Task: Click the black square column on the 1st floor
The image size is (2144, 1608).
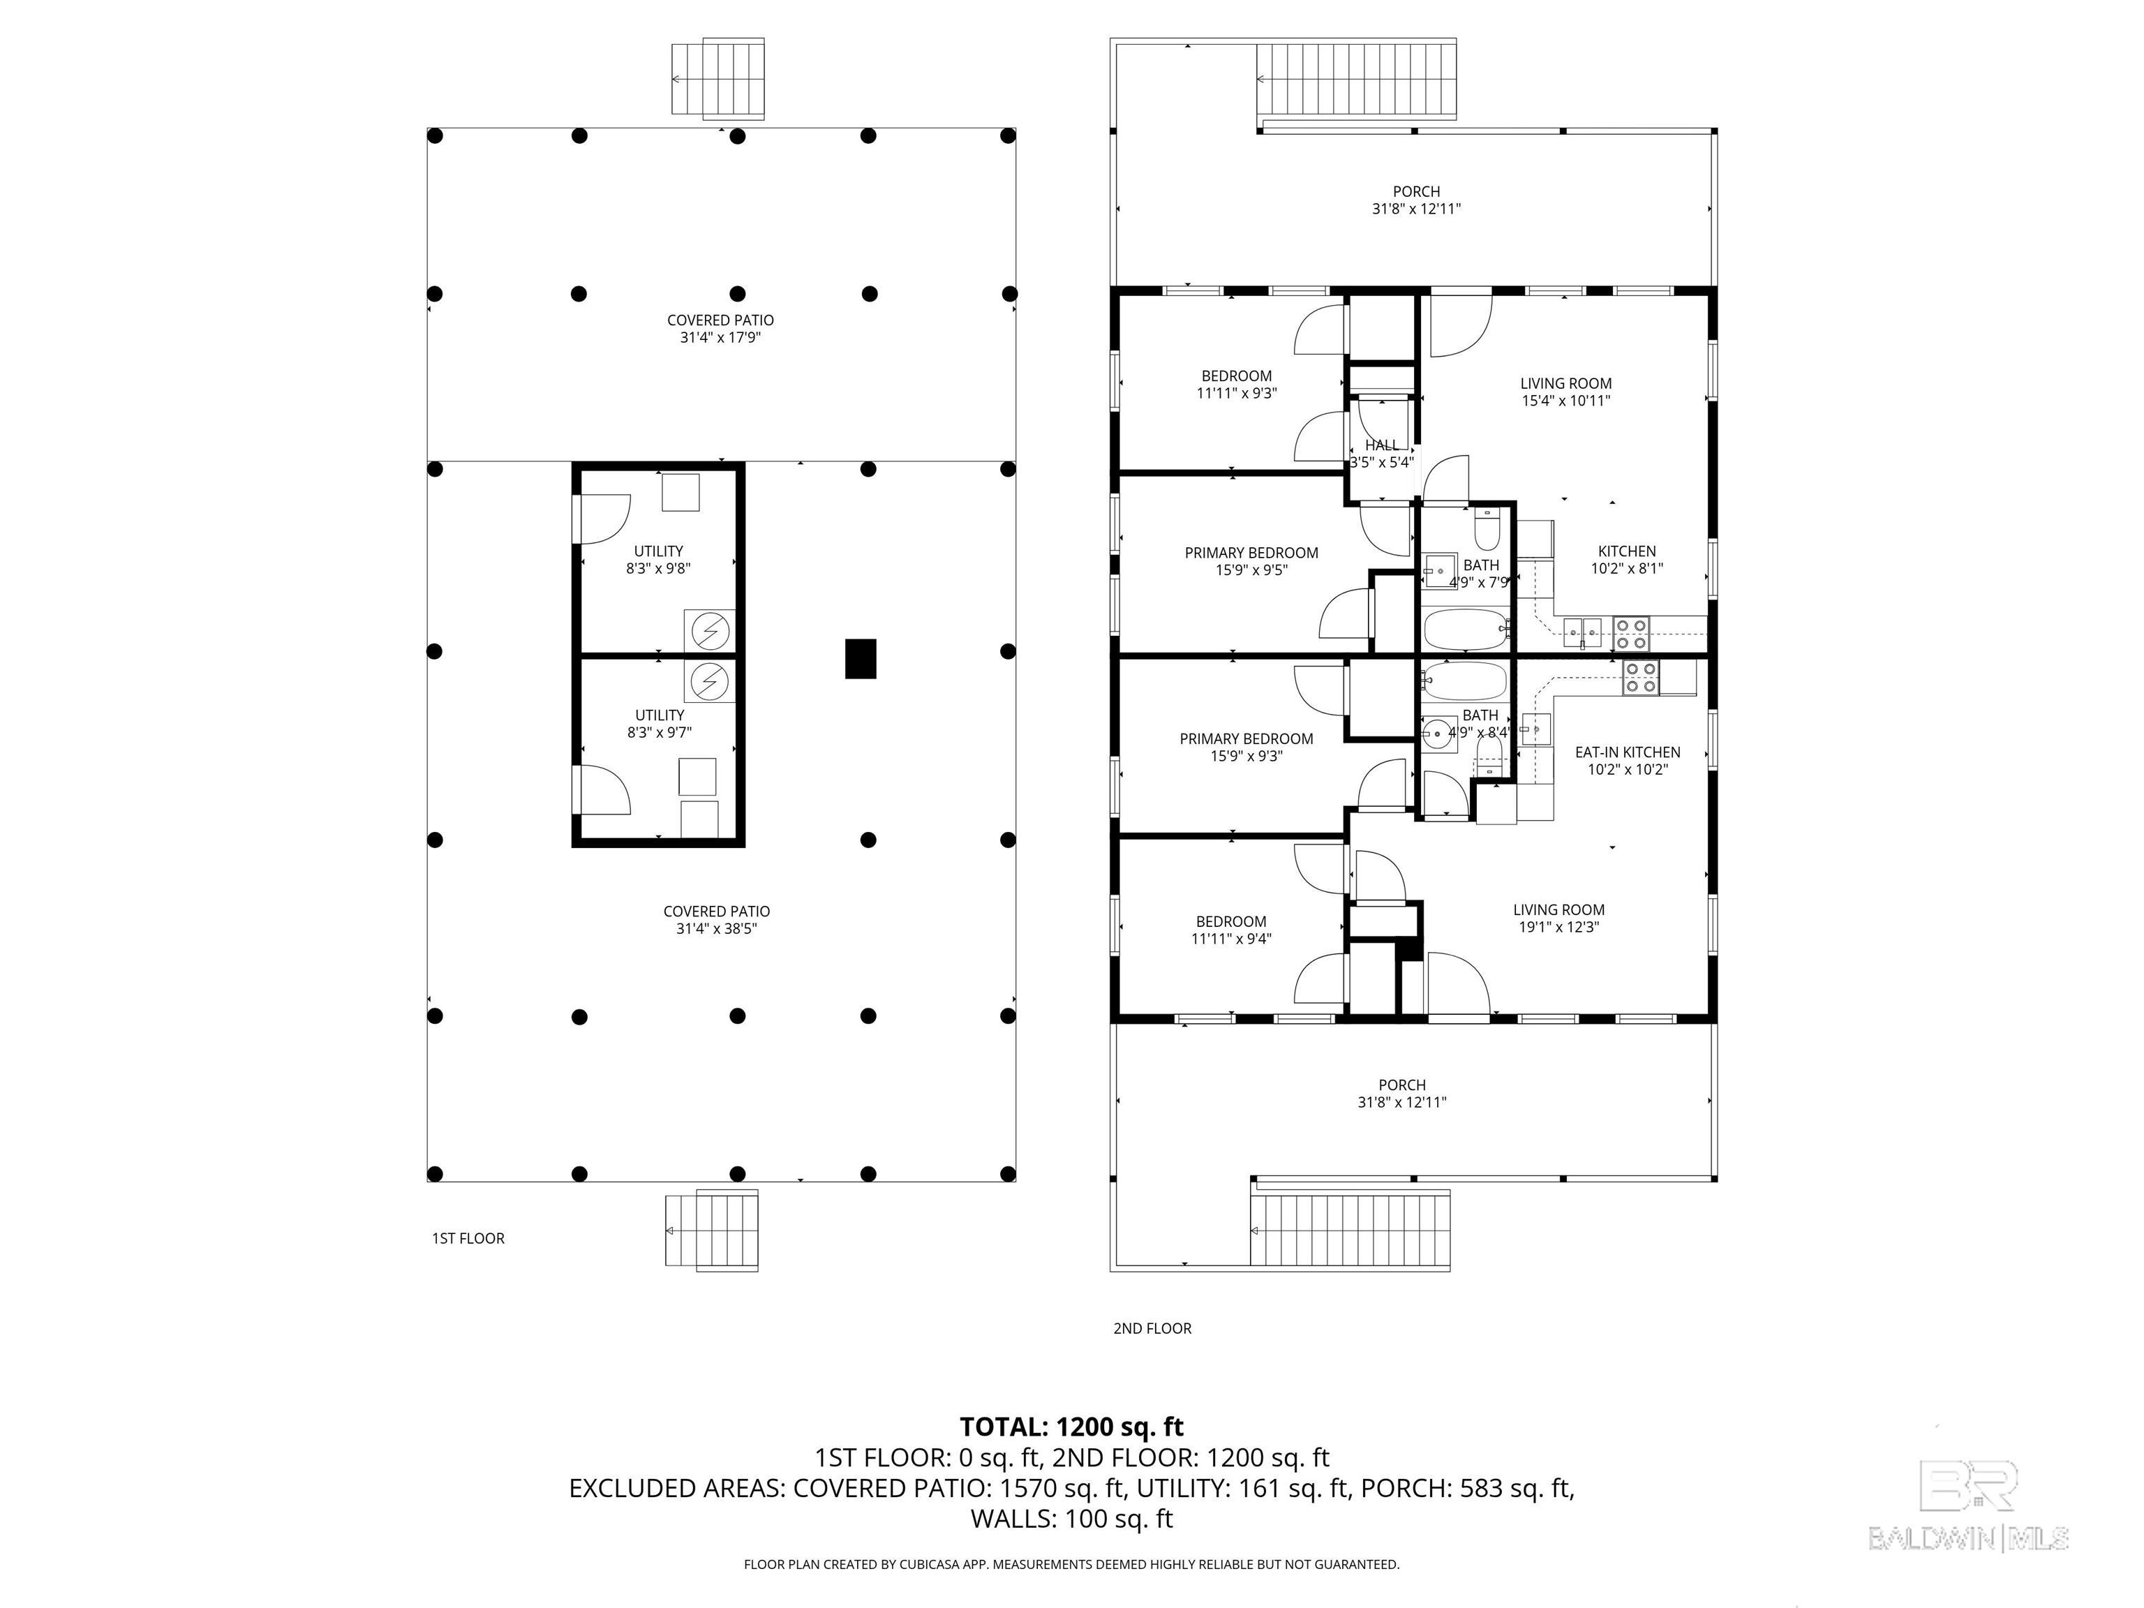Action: coord(860,658)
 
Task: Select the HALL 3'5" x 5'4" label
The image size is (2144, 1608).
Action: coord(1381,454)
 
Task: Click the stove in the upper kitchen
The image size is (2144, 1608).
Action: coord(1631,634)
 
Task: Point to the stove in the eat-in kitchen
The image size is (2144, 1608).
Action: coord(1641,678)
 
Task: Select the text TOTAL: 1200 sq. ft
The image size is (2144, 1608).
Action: coord(1071,1427)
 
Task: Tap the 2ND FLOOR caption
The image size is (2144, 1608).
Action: coord(1152,1328)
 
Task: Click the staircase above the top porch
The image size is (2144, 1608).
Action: coord(1357,80)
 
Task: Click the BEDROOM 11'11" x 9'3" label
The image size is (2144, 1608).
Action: coord(1236,384)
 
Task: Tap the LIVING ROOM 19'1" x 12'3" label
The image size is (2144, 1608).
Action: coord(1558,918)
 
